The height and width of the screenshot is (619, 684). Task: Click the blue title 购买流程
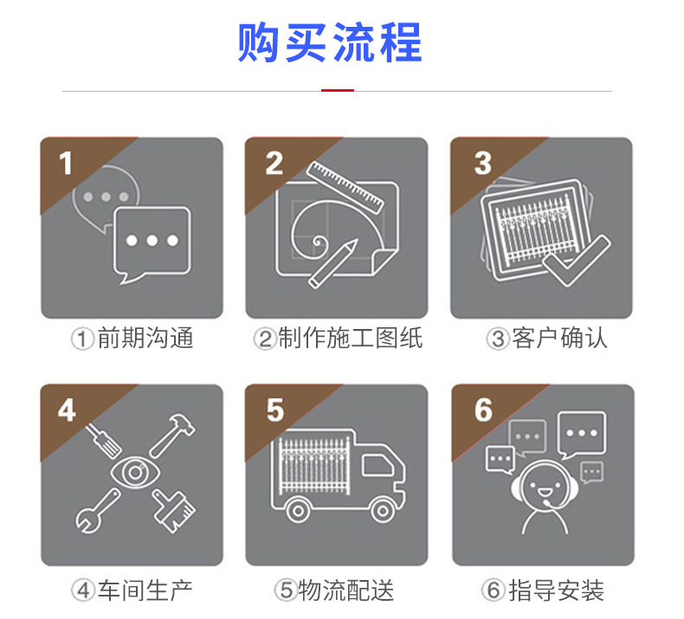click(330, 42)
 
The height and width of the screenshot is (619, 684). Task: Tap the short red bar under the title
click(337, 91)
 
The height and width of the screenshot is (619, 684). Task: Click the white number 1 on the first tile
click(66, 163)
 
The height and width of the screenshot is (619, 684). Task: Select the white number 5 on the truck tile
click(275, 410)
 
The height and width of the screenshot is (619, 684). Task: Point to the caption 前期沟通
click(145, 338)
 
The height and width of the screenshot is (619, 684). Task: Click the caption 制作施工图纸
click(351, 338)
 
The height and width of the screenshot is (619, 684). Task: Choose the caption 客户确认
click(559, 338)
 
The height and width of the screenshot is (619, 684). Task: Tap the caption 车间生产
click(145, 590)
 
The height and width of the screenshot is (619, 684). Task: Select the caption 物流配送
click(346, 590)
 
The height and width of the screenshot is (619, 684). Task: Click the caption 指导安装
click(557, 590)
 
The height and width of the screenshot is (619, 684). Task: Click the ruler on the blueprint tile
click(345, 188)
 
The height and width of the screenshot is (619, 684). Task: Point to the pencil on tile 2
click(333, 263)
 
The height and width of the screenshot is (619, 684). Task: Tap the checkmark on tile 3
click(576, 261)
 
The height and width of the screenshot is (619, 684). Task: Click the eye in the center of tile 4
click(135, 473)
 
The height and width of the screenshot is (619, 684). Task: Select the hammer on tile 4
click(172, 435)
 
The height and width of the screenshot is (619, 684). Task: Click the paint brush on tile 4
click(174, 511)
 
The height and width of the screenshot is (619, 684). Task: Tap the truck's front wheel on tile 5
click(383, 511)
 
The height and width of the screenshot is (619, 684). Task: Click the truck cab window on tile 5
click(377, 465)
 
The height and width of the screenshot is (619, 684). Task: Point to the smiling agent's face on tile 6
click(545, 485)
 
